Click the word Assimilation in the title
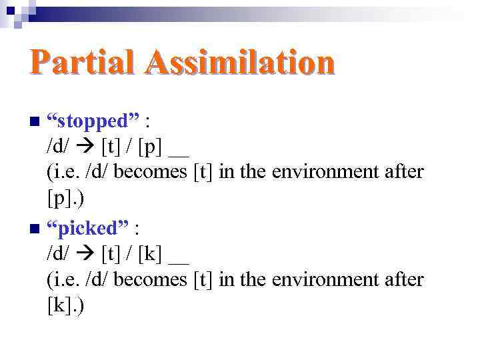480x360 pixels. [x=242, y=63]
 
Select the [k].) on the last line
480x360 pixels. [x=65, y=305]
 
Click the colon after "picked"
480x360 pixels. [x=136, y=229]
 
